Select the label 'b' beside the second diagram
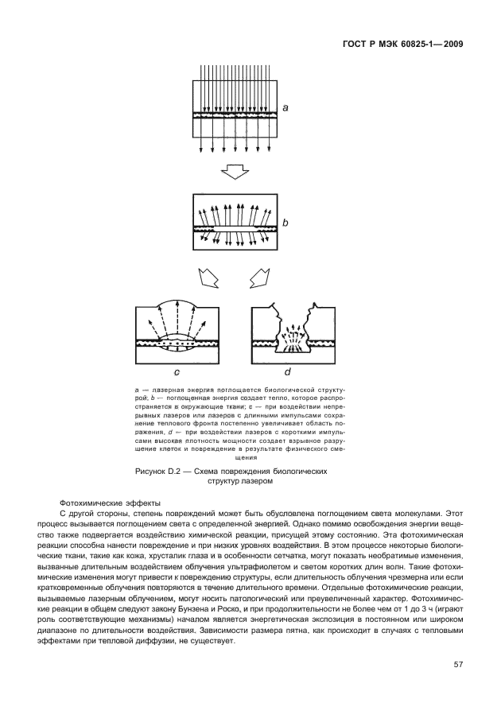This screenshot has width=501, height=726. (284, 224)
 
